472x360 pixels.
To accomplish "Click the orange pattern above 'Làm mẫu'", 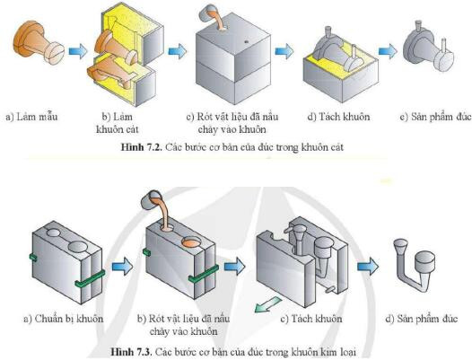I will [37, 41].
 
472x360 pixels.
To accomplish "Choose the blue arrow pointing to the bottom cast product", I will [369, 267].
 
